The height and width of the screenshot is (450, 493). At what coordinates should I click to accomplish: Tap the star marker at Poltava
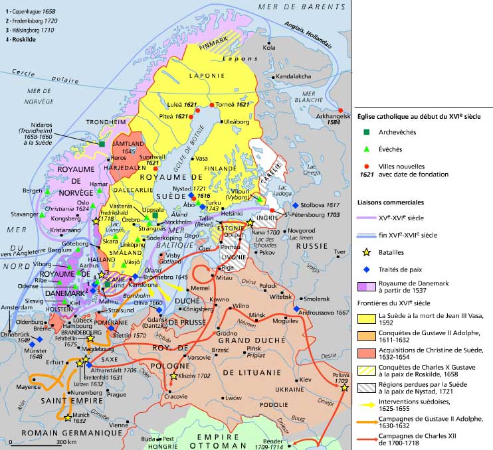coord(344,388)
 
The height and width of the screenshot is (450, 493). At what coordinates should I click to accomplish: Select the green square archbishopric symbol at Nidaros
coord(102,144)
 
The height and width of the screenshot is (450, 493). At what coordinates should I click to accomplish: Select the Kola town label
coord(269,48)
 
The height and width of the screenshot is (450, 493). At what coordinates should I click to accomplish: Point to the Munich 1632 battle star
coord(68,417)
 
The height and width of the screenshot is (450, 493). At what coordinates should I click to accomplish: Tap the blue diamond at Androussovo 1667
coord(295,309)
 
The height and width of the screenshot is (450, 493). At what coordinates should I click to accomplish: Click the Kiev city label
coord(305,380)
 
